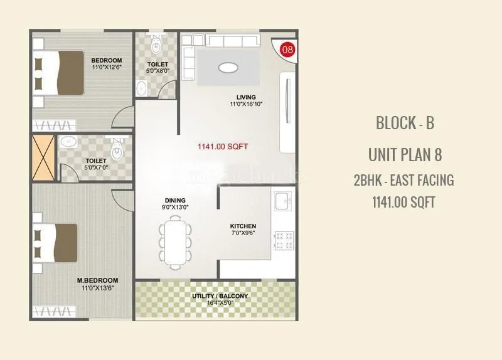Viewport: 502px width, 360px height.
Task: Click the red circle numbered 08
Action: point(287,49)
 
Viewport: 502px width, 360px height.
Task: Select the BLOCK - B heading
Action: point(405,122)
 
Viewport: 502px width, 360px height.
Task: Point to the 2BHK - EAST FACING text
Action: point(403,181)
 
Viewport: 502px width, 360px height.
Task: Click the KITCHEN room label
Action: point(243,226)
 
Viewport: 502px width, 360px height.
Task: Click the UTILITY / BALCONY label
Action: point(220,295)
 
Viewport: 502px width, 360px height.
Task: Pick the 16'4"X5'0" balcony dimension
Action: point(220,303)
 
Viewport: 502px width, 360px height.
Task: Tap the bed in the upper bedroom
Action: point(60,72)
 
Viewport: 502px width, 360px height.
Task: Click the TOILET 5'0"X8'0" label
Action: point(157,68)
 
